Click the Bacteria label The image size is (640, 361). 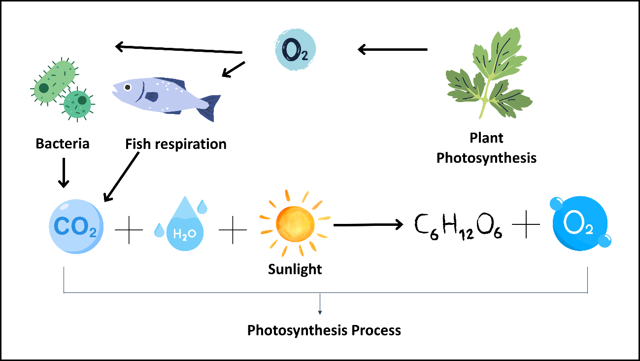click(x=63, y=144)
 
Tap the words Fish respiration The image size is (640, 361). click(x=176, y=144)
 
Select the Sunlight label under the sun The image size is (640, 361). click(x=295, y=269)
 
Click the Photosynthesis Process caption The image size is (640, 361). click(x=324, y=330)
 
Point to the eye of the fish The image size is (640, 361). click(x=128, y=87)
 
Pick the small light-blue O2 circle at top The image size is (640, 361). click(x=294, y=48)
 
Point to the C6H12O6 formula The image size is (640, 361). click(x=458, y=228)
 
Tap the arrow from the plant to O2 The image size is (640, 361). click(x=393, y=49)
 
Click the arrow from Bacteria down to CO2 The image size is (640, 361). click(x=64, y=173)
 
